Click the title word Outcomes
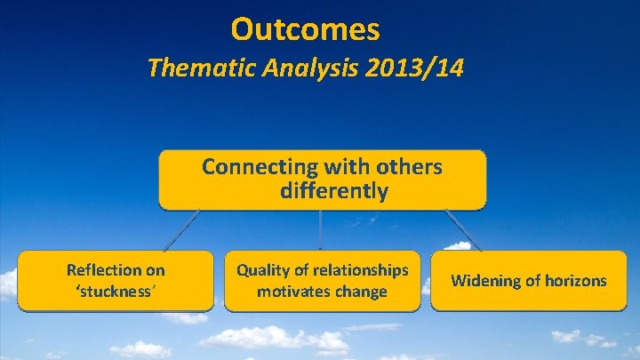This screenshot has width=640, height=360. click(x=305, y=29)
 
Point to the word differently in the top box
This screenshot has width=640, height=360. click(x=333, y=191)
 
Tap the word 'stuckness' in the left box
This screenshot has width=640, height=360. click(x=116, y=291)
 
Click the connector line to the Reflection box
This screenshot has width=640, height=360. click(x=181, y=230)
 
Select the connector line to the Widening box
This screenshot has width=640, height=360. click(x=462, y=229)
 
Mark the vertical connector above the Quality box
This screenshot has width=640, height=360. click(x=320, y=231)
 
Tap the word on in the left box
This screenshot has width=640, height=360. click(x=155, y=269)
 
